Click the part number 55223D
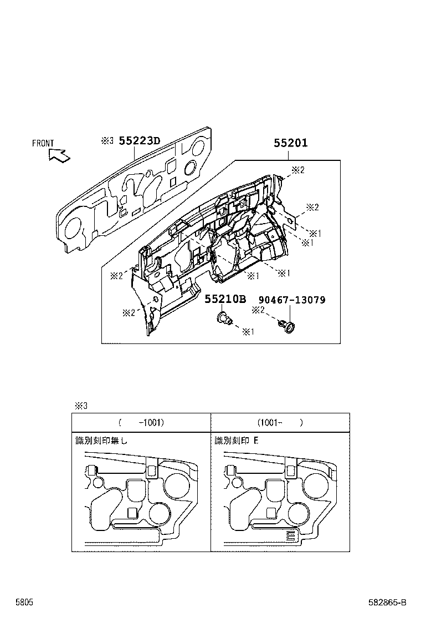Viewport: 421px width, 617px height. click(x=139, y=141)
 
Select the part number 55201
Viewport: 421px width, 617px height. click(x=290, y=143)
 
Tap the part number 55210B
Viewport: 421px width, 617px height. click(x=225, y=300)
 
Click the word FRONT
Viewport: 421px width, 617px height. click(x=43, y=143)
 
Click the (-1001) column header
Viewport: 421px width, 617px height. click(x=141, y=422)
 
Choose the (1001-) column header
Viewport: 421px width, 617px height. click(x=280, y=422)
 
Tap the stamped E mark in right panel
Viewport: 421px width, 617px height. click(x=290, y=535)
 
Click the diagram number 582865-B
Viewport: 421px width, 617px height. click(x=387, y=602)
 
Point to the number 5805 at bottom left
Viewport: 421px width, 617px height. click(x=24, y=602)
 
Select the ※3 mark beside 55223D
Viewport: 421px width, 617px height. click(x=107, y=141)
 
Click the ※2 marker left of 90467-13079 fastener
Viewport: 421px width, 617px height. click(x=258, y=310)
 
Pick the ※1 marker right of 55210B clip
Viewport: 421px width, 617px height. click(x=248, y=332)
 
